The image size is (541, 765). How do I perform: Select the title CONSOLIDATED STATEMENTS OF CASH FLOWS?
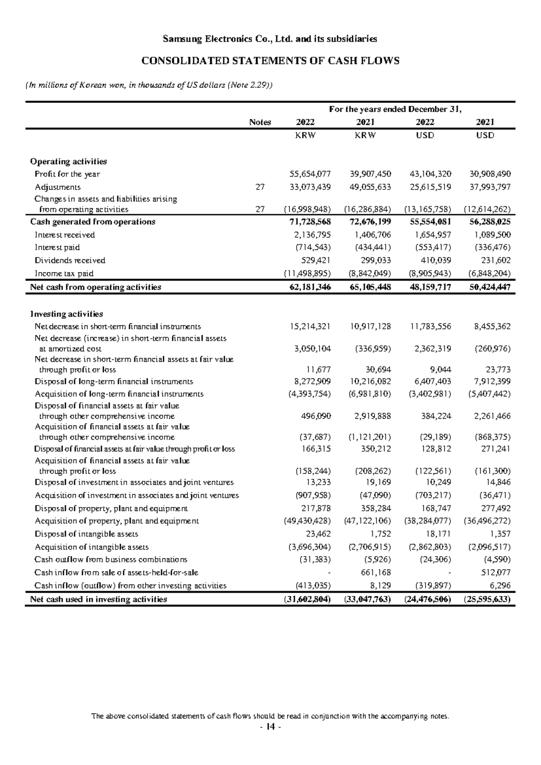[270, 61]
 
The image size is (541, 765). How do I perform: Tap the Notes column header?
[260, 122]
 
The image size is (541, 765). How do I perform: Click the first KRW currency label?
[305, 135]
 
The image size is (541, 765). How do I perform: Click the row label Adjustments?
[58, 187]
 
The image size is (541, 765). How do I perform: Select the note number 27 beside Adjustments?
[260, 187]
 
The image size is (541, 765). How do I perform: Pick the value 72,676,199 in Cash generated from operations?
[371, 221]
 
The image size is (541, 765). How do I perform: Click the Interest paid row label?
[57, 247]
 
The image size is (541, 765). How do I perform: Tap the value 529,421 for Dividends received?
[316, 260]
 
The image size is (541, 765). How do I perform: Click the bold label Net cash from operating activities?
[96, 287]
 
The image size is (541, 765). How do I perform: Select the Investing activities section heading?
[66, 313]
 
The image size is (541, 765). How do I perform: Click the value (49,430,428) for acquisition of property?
[307, 521]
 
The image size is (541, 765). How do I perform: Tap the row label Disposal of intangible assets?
[87, 534]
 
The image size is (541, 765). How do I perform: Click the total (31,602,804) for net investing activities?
[307, 599]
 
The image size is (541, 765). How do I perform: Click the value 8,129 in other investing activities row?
[382, 585]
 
